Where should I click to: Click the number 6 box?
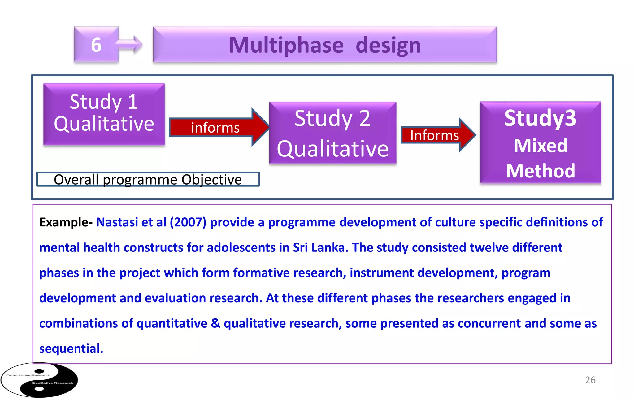tap(96, 45)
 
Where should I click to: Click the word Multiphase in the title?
tap(286, 45)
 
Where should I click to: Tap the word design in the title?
tap(388, 45)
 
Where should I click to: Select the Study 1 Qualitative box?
tap(104, 113)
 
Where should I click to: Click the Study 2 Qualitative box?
tap(333, 133)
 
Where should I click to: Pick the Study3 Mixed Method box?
tap(540, 142)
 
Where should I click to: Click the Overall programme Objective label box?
tap(148, 179)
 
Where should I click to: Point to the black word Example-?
tap(66, 222)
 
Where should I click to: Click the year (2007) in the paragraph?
tap(188, 222)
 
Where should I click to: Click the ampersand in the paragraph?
tap(215, 323)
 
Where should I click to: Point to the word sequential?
tap(71, 349)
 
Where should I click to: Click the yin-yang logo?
tap(39, 380)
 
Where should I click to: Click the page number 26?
tap(590, 380)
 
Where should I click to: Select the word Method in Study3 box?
tap(541, 171)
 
